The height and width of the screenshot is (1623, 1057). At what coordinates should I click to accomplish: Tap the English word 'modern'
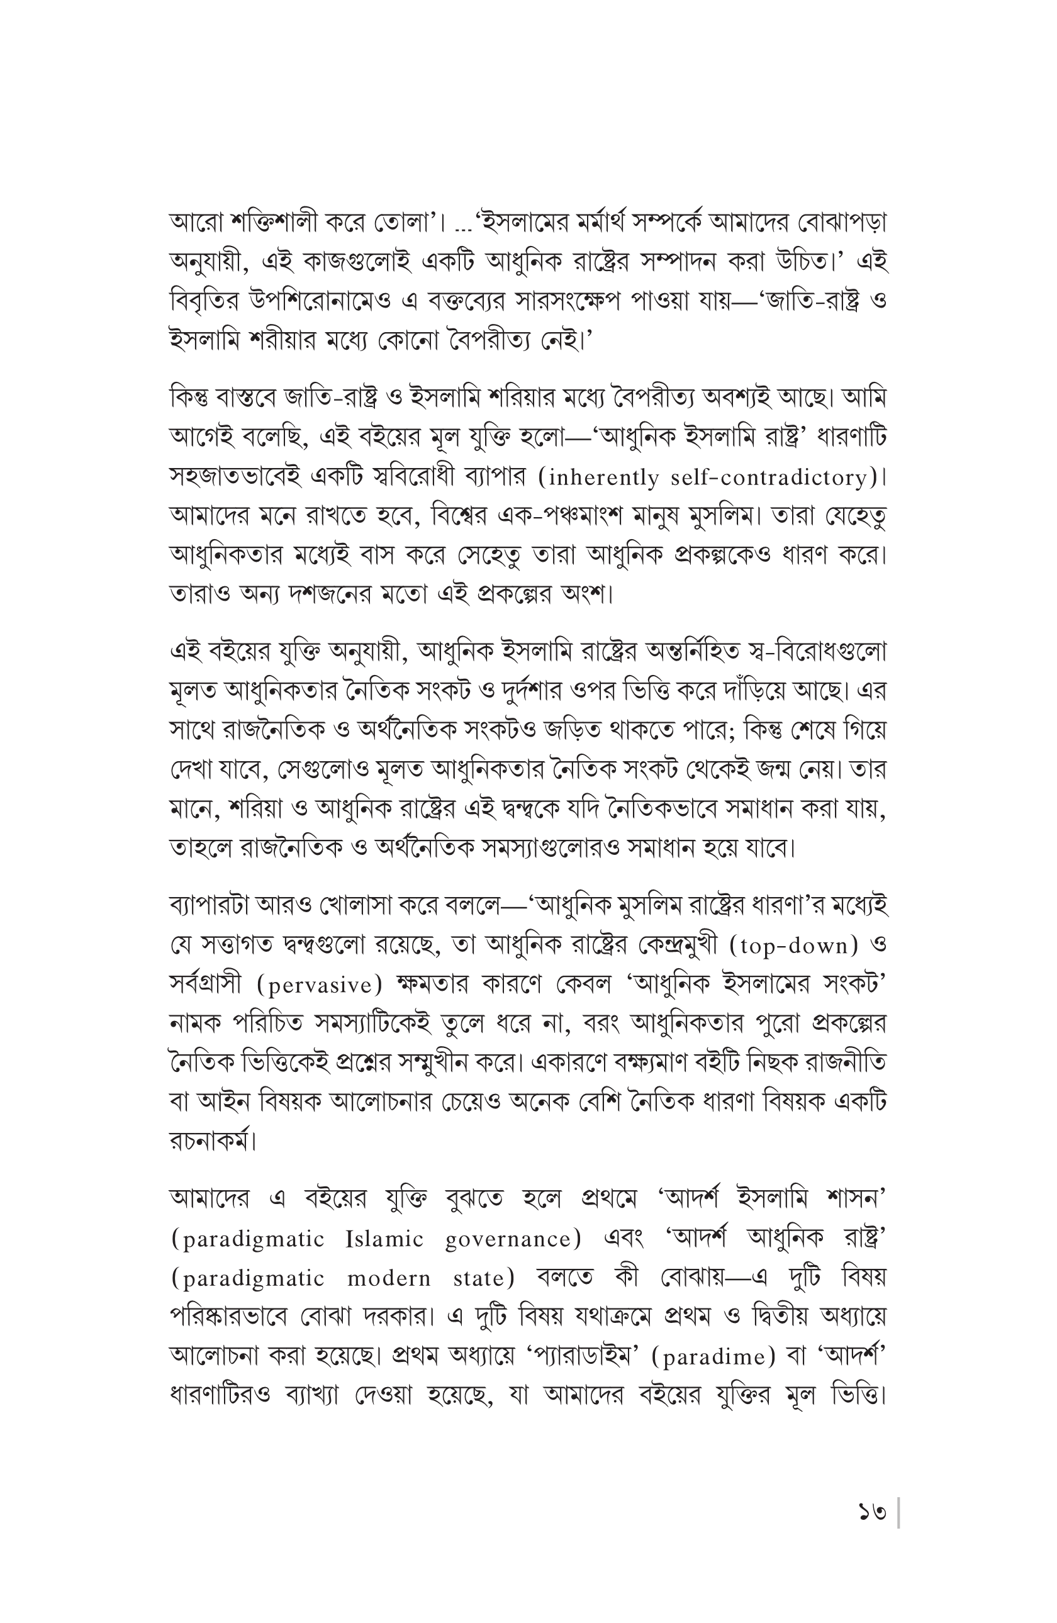pos(389,1279)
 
